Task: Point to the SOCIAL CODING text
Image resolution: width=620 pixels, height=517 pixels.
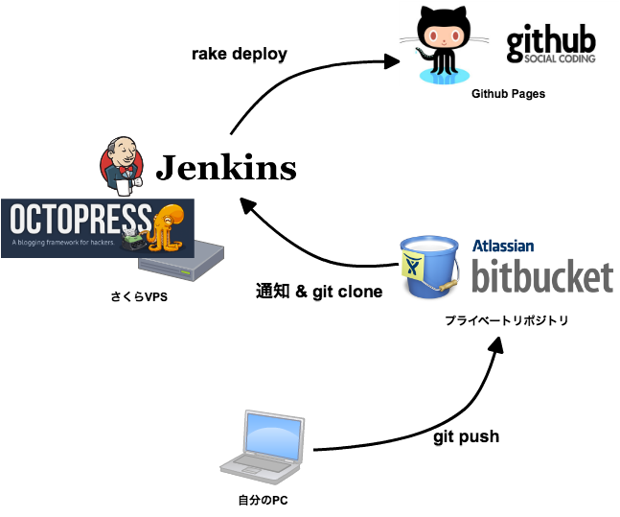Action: coord(560,59)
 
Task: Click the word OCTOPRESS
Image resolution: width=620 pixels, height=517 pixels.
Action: coord(80,220)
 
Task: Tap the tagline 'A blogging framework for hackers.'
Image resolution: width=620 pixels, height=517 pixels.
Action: coord(64,243)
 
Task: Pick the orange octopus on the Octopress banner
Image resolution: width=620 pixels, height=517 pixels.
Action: coord(169,225)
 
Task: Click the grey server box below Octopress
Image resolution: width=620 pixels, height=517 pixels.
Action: coord(181,262)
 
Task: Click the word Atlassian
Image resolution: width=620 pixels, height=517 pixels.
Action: coord(503,246)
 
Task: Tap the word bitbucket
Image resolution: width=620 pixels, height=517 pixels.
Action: coord(541,274)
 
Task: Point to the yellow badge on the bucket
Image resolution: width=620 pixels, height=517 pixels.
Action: coord(415,265)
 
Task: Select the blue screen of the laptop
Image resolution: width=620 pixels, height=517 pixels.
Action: coord(274,435)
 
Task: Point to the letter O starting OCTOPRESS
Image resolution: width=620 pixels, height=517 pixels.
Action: coord(20,220)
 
